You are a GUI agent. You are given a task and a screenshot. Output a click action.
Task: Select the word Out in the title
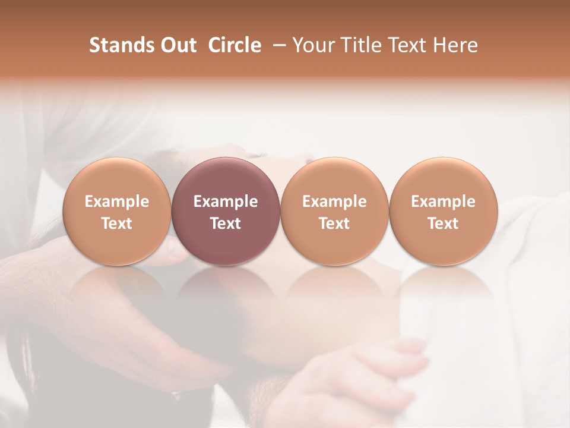coord(177,45)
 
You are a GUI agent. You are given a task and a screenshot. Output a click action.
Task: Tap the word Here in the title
coord(456,45)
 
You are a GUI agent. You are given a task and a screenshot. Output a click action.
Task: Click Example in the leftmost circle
coord(117,202)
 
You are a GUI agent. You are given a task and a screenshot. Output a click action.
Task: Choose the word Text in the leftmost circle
coord(117,224)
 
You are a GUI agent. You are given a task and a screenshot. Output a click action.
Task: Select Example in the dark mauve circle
coord(226,202)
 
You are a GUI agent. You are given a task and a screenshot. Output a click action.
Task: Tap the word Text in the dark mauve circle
coord(226,224)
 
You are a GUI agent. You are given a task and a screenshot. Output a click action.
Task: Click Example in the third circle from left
coord(334,202)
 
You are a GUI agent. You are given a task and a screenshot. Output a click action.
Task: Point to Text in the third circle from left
coord(334,224)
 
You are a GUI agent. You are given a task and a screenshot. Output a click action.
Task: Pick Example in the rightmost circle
coord(444,202)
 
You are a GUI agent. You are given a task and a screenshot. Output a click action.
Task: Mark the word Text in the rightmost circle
coord(444,224)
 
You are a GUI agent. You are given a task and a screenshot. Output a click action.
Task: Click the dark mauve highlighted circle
coord(226,178)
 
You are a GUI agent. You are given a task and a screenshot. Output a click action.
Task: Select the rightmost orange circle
coord(444,178)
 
